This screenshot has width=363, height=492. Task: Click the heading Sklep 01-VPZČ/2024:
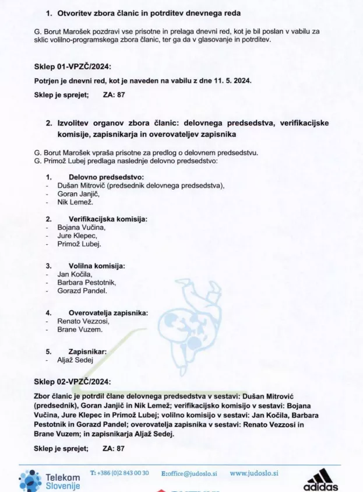tap(72, 66)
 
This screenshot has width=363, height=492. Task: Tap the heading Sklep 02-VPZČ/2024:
tap(72, 382)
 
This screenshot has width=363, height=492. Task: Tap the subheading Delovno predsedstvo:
tap(106, 177)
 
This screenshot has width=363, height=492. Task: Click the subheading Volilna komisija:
tap(97, 266)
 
